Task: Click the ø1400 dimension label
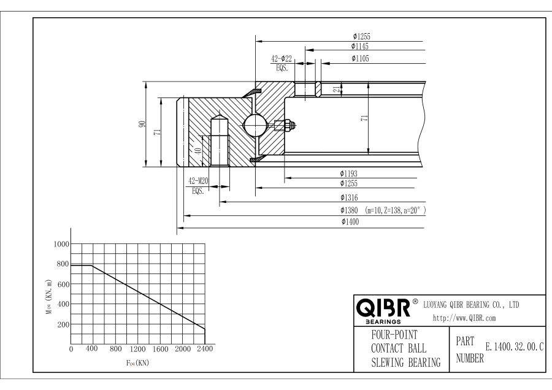[x=350, y=222]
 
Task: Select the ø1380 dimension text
[x=350, y=210]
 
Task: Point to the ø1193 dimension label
[x=350, y=174]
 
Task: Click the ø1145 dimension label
[x=360, y=46]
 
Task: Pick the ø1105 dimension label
[x=360, y=58]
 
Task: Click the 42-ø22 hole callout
[x=282, y=58]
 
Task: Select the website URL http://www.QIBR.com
[x=464, y=318]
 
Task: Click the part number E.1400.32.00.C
[x=514, y=347]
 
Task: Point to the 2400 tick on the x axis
[x=204, y=349]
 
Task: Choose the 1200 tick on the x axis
[x=137, y=349]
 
